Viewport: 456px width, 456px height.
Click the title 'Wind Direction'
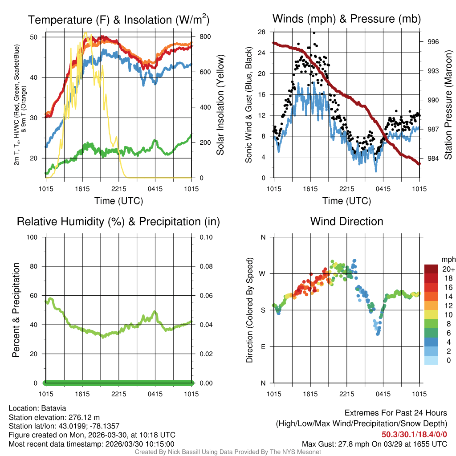coord(346,221)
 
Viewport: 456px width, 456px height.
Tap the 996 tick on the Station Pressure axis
coord(433,42)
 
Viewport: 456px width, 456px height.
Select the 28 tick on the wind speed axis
coord(262,32)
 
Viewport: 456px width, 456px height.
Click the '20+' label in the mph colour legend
coord(448,269)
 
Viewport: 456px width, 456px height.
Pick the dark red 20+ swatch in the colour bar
coord(431,269)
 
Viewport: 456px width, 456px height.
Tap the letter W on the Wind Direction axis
coord(263,273)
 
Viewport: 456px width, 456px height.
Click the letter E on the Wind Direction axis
coord(263,346)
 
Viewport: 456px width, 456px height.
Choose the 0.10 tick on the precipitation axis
coord(205,237)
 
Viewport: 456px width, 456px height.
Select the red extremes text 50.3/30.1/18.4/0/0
coord(414,435)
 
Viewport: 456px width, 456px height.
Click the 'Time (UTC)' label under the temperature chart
coord(118,201)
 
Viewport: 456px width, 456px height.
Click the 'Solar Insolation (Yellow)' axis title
coord(220,105)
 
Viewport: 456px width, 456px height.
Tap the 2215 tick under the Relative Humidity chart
coord(119,394)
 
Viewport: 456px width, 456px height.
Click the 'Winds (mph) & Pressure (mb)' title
coord(346,19)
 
